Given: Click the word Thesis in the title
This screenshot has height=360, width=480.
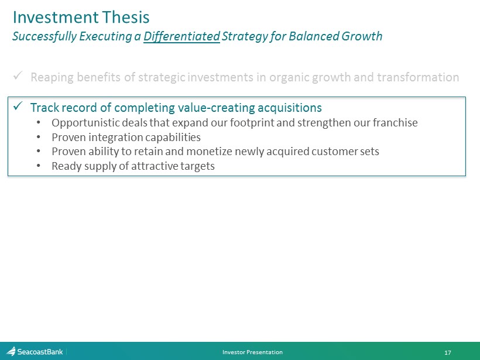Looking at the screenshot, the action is click(x=126, y=17).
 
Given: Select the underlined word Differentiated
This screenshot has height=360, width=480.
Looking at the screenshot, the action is click(x=181, y=36).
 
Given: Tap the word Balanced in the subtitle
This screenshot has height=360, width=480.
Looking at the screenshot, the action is click(x=314, y=36).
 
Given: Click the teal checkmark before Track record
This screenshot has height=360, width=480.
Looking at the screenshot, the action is click(x=18, y=107).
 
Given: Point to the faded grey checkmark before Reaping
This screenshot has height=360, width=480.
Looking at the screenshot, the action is click(x=18, y=76).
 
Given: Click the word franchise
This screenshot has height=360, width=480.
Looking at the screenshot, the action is click(x=395, y=122).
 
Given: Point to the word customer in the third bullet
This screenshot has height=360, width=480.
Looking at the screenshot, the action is click(x=332, y=151).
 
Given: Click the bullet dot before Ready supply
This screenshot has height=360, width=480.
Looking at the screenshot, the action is click(x=38, y=166).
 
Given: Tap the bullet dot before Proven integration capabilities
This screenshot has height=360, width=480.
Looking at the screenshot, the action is click(x=38, y=137).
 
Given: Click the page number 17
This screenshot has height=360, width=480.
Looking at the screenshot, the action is click(x=448, y=352).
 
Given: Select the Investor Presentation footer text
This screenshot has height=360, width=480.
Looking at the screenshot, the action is click(x=252, y=352).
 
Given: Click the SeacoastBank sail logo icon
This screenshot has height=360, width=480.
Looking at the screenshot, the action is click(x=11, y=351).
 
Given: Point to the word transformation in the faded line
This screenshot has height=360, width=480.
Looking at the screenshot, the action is click(x=418, y=77).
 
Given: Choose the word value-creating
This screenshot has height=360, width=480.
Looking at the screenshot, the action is click(x=217, y=108).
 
